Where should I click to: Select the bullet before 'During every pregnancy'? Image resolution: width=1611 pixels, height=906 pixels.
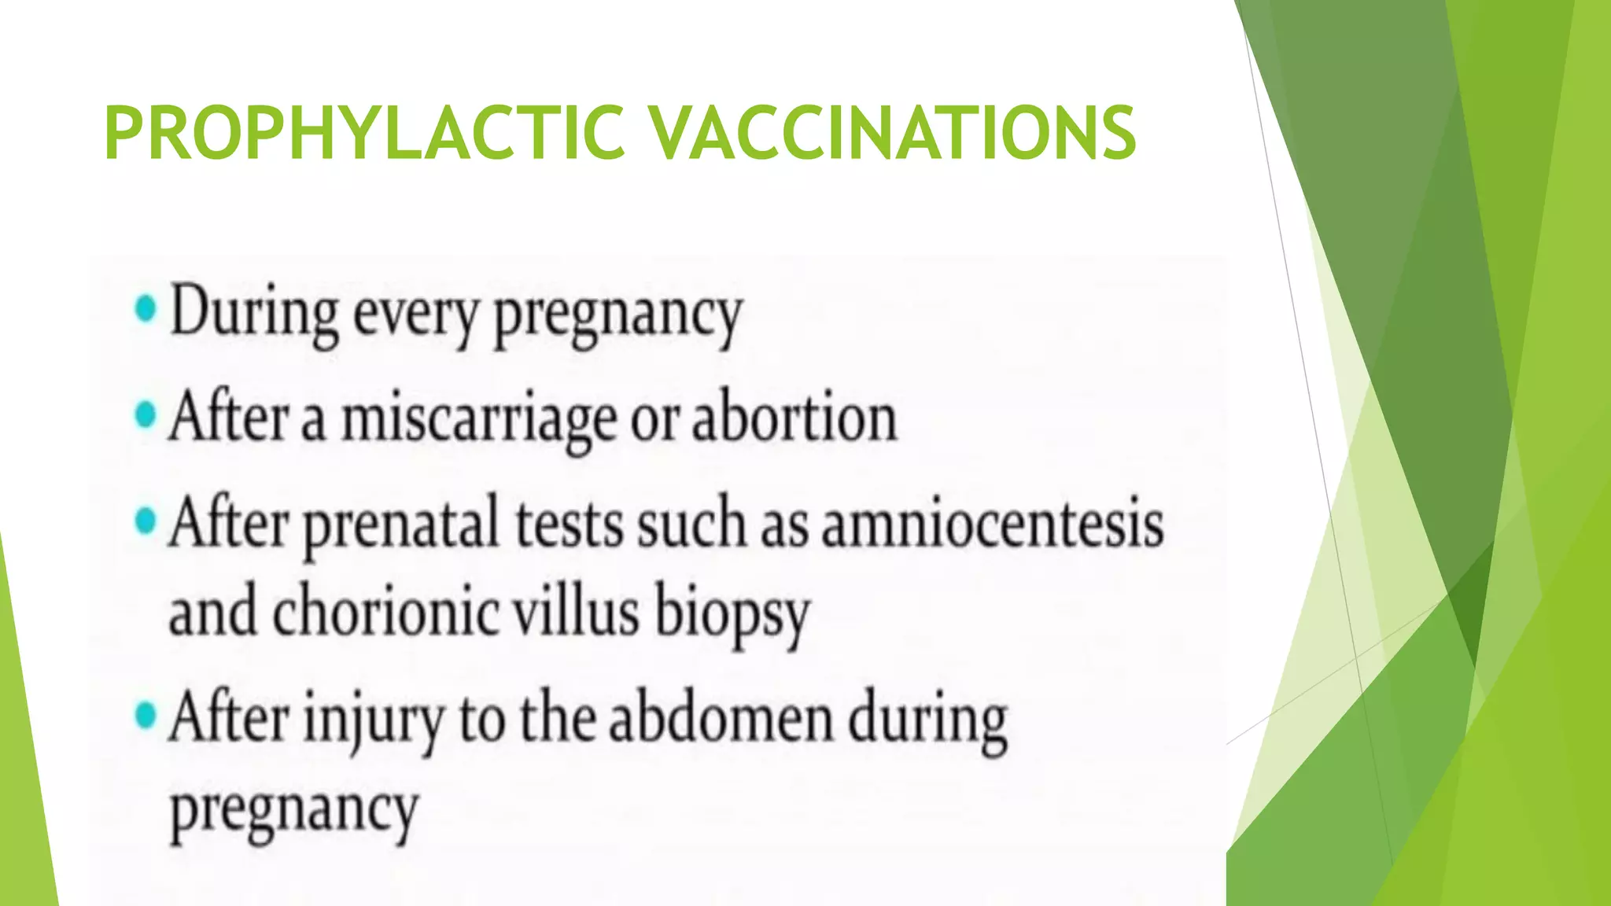(x=146, y=309)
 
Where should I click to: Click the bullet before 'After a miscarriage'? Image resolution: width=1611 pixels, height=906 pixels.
(x=146, y=414)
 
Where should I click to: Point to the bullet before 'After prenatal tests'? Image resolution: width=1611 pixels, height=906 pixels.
(x=146, y=521)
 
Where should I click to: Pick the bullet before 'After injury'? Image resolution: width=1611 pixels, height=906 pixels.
(x=146, y=716)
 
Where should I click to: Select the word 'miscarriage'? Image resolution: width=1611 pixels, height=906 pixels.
(x=478, y=419)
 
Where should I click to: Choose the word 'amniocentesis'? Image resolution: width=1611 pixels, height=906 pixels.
(x=993, y=524)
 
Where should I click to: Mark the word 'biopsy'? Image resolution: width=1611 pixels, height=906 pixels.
(x=732, y=616)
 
